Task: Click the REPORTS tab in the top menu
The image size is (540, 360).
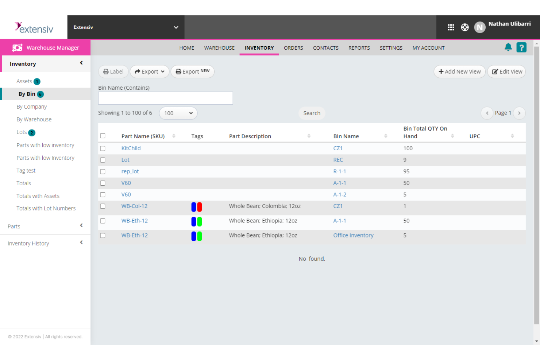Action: coord(359,48)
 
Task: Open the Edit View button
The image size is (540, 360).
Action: coord(507,71)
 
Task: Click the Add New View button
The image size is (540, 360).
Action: coord(459,71)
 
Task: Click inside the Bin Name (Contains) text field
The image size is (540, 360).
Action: coord(165,98)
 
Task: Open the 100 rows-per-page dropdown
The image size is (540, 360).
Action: coord(178,113)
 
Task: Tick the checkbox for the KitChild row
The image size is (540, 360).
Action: coord(103,148)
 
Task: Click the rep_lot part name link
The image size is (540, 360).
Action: coord(130,171)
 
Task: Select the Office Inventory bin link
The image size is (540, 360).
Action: coord(353,236)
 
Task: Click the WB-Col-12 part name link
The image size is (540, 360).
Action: coord(134,206)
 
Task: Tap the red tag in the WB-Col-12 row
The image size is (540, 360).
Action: coord(200,207)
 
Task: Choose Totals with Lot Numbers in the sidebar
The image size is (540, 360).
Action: coord(46,209)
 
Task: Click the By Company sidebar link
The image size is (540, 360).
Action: coord(32,107)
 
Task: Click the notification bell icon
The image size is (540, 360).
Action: coord(508,47)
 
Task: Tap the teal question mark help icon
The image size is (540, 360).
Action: coord(521,47)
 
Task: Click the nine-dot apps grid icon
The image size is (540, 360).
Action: coord(451,27)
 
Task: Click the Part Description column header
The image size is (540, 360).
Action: coord(250,136)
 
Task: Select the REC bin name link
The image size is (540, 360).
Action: coord(338,160)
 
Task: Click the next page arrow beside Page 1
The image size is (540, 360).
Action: coord(519,113)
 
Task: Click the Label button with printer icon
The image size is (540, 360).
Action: coord(113,71)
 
